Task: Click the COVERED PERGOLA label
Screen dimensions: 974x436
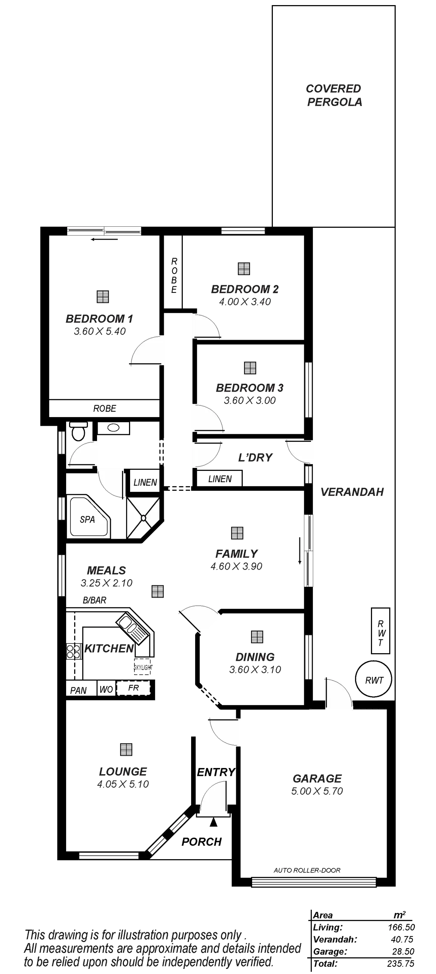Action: tap(334, 95)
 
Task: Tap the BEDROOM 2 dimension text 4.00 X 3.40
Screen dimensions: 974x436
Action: tap(245, 302)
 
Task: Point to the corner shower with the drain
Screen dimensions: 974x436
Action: tap(143, 518)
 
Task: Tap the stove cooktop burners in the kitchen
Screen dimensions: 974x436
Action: tap(74, 651)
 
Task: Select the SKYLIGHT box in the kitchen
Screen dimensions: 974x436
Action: tap(143, 668)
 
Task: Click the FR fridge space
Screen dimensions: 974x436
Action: tap(133, 688)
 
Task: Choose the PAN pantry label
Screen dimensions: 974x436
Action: tap(78, 690)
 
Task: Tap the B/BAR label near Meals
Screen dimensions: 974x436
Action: tap(94, 600)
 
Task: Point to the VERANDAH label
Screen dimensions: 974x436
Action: tap(352, 492)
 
